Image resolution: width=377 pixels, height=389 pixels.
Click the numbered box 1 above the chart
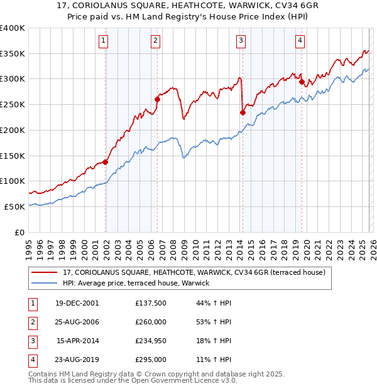pyautogui.click(x=102, y=41)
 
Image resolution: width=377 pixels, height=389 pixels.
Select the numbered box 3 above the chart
pyautogui.click(x=241, y=41)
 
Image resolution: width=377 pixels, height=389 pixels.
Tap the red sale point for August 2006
pyautogui.click(x=158, y=99)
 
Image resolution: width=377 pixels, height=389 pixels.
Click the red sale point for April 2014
pyautogui.click(x=243, y=112)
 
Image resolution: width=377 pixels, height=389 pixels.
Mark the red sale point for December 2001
pyautogui.click(x=106, y=162)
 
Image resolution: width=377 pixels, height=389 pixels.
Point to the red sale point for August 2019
pyautogui.click(x=302, y=82)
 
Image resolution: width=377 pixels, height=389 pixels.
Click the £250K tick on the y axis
pyautogui.click(x=13, y=105)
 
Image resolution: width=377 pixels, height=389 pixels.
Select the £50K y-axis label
pyautogui.click(x=14, y=206)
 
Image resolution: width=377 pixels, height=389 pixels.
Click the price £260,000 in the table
pyautogui.click(x=151, y=322)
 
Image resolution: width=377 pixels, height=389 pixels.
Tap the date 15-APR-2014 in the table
pyautogui.click(x=77, y=341)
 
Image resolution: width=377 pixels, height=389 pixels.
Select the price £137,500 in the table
pyautogui.click(x=151, y=302)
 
